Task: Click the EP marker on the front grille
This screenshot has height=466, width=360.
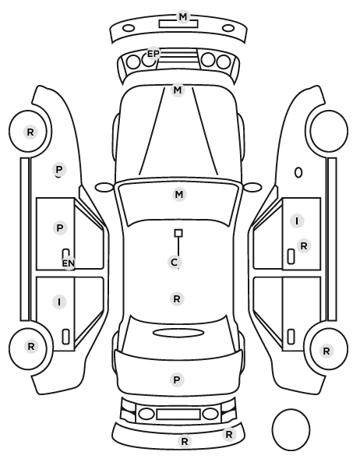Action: tap(153, 54)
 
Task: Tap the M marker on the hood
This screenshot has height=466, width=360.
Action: tap(178, 90)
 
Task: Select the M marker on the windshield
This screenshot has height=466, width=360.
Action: tap(179, 194)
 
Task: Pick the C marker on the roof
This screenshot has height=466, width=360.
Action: tap(175, 262)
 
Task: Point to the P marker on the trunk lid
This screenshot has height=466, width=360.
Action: tap(177, 380)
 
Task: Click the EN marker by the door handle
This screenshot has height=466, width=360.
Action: tap(69, 263)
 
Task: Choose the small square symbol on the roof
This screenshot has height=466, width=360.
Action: tap(178, 233)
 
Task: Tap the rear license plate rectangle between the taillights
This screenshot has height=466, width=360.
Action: tap(178, 414)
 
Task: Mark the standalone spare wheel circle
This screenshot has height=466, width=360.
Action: tap(291, 429)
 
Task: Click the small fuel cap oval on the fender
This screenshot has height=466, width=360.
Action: tap(298, 172)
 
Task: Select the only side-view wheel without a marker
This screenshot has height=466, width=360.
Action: tap(329, 131)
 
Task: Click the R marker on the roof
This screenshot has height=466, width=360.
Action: tap(177, 298)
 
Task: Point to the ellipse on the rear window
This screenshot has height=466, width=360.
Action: tap(178, 333)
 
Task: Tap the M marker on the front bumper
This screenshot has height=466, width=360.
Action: tap(183, 16)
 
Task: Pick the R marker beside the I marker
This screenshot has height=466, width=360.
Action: tap(304, 246)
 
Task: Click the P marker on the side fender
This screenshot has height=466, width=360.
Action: tap(59, 170)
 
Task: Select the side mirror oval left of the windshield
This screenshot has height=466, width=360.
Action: tap(104, 187)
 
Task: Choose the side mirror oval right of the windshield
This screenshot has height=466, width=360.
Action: tap(252, 187)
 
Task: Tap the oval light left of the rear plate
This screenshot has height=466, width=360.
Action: tap(146, 414)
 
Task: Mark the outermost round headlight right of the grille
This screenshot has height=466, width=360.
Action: tap(224, 62)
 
